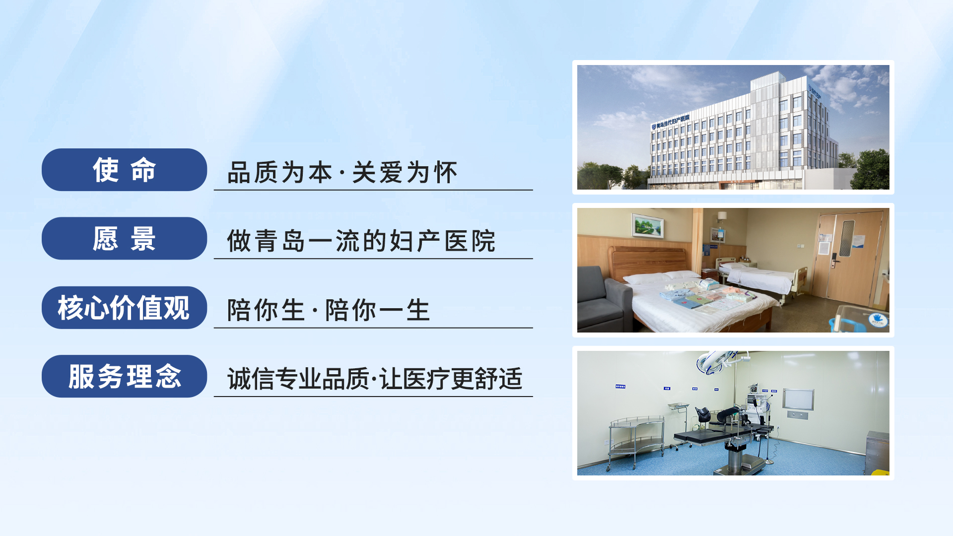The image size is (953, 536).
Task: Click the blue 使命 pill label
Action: pyautogui.click(x=124, y=170)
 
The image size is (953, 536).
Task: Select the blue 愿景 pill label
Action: pyautogui.click(x=124, y=238)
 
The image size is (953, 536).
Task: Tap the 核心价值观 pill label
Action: pyautogui.click(x=124, y=308)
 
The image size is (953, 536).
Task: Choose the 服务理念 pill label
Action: pyautogui.click(x=124, y=376)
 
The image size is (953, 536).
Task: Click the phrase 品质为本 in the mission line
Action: pyautogui.click(x=279, y=173)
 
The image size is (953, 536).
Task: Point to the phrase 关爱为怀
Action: pyautogui.click(x=405, y=173)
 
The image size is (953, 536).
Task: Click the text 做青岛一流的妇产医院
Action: pyautogui.click(x=361, y=241)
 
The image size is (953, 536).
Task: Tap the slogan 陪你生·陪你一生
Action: pyautogui.click(x=328, y=310)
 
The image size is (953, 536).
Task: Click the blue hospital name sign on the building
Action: pyautogui.click(x=671, y=122)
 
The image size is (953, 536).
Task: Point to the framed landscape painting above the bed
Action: pyautogui.click(x=648, y=226)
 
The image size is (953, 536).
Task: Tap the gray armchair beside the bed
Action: pyautogui.click(x=602, y=299)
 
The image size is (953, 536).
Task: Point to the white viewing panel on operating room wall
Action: pyautogui.click(x=798, y=399)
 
